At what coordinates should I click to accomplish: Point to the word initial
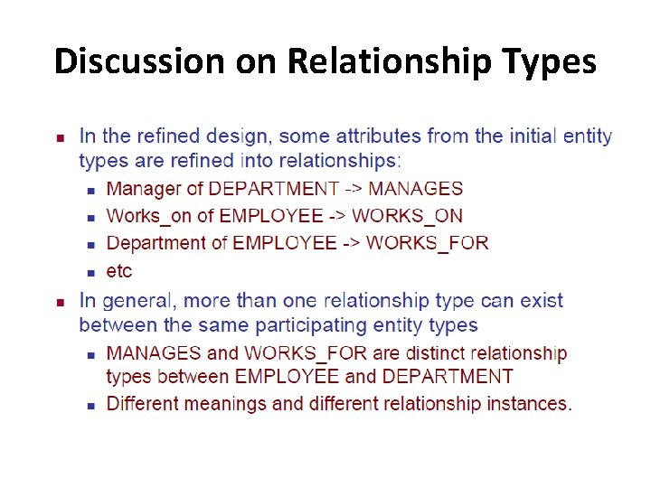coord(526,136)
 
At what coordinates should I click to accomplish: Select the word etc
coord(118,270)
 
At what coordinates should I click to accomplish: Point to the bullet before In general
coord(60,302)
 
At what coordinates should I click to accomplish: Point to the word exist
coord(541,300)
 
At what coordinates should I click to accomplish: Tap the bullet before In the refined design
coord(60,138)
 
